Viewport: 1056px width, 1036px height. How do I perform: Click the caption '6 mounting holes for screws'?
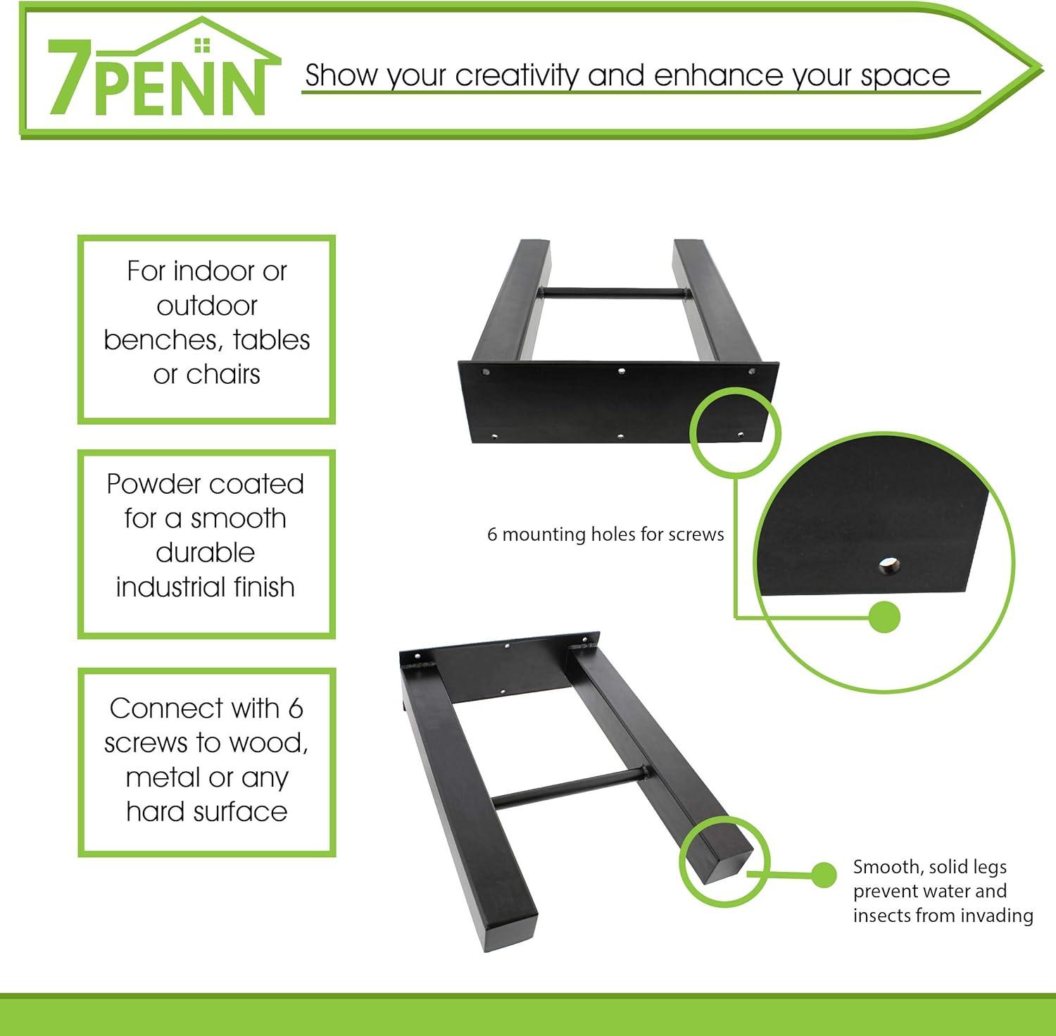point(605,535)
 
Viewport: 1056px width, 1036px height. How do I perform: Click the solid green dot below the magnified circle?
point(884,618)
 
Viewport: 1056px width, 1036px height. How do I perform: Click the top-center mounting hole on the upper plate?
point(621,370)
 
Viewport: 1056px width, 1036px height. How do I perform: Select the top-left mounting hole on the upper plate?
point(486,370)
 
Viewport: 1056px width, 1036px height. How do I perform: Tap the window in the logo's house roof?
point(202,45)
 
